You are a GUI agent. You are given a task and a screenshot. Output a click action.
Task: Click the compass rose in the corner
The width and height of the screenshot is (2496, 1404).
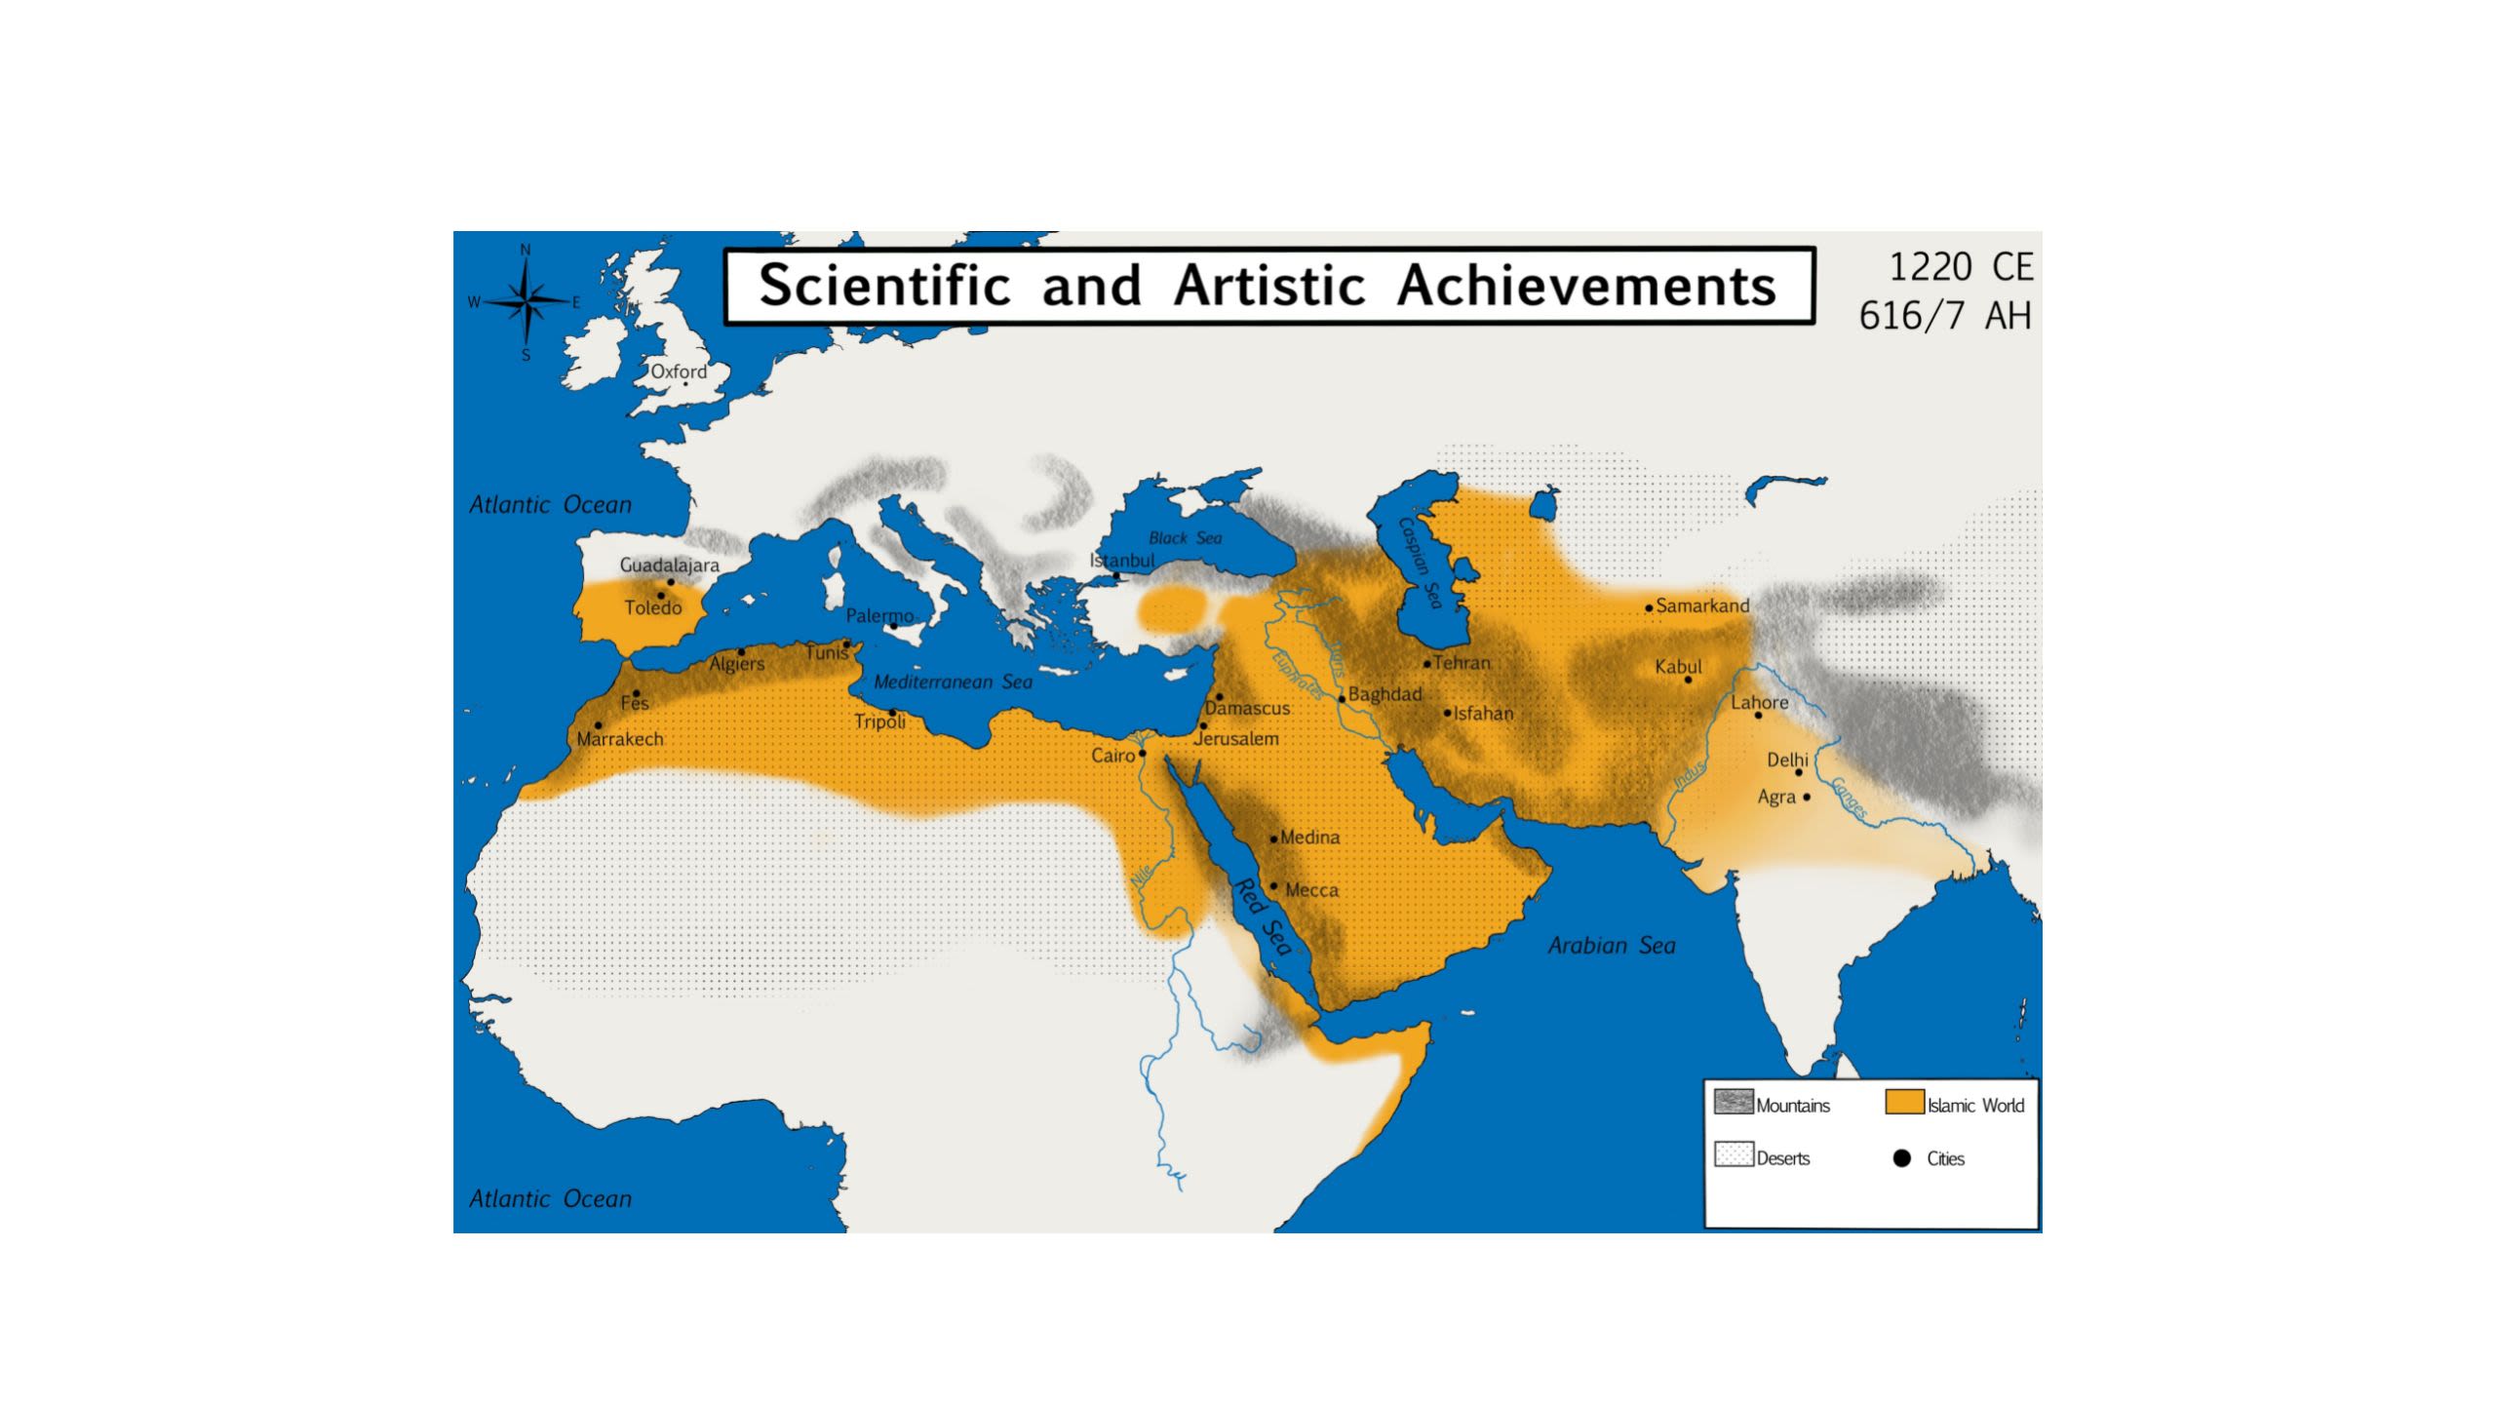click(x=526, y=302)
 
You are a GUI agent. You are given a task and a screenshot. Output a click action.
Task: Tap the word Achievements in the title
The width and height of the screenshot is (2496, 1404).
click(x=1585, y=286)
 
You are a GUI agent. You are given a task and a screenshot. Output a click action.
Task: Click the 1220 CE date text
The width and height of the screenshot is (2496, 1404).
click(x=1960, y=267)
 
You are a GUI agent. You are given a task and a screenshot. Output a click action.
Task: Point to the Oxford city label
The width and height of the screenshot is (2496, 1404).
click(x=679, y=371)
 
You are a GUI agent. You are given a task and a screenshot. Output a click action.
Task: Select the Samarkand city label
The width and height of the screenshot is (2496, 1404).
click(x=1702, y=605)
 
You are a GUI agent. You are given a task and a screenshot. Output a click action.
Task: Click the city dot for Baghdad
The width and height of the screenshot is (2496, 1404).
click(x=1342, y=699)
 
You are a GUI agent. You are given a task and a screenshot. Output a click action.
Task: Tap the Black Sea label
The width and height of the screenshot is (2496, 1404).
click(x=1185, y=538)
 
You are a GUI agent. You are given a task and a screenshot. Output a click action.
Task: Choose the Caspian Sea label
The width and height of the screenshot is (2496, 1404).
click(x=1420, y=563)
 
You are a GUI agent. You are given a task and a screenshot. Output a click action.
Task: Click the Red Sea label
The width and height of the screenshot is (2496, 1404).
click(x=1264, y=917)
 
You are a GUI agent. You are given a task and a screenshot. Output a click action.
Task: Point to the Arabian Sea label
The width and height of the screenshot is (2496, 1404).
click(x=1612, y=946)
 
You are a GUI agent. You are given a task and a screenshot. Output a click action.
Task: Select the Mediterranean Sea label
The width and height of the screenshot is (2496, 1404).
click(x=953, y=682)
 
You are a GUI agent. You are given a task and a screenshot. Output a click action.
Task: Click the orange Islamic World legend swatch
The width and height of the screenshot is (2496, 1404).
click(x=1903, y=1102)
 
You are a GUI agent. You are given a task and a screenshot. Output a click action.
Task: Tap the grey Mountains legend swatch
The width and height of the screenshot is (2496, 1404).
click(x=1734, y=1102)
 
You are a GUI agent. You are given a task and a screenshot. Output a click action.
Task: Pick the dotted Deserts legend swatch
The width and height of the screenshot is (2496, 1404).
click(x=1734, y=1154)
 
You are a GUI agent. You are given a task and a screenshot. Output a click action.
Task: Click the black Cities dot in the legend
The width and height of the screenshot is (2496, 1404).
click(x=1901, y=1158)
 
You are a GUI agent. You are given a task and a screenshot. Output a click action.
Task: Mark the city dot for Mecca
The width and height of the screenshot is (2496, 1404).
click(x=1273, y=886)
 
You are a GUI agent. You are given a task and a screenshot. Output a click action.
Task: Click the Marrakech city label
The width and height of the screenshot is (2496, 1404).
click(x=620, y=739)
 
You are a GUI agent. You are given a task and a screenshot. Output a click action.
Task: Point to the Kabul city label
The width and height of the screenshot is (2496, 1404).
click(x=1678, y=667)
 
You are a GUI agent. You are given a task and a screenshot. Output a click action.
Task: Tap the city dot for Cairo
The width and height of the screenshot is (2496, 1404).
click(x=1142, y=754)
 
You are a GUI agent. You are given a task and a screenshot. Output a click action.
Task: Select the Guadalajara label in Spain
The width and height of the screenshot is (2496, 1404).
click(x=670, y=565)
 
